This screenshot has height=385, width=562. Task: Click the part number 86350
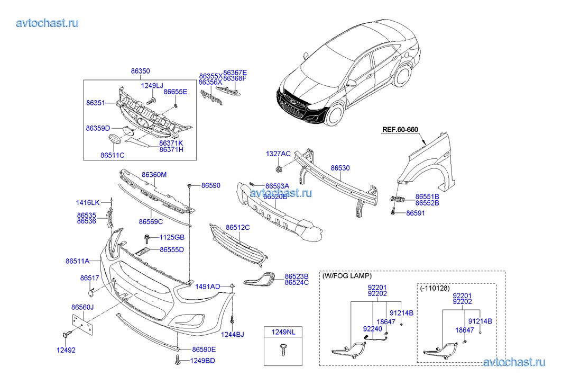[141, 71]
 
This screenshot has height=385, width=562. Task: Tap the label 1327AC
[278, 154]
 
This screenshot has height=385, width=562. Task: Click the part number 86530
[340, 168]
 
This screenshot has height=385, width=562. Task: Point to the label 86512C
[237, 227]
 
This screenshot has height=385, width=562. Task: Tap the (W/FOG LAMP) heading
[347, 276]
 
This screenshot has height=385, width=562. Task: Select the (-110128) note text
[435, 289]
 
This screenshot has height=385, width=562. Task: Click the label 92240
[372, 329]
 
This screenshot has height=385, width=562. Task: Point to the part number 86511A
[77, 261]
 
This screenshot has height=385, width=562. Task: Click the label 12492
[66, 350]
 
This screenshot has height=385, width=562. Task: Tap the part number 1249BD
[202, 361]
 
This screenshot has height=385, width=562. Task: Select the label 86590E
[204, 350]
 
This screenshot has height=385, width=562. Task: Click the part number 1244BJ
[232, 334]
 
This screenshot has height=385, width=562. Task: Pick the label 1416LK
[88, 202]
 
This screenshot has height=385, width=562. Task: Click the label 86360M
[154, 174]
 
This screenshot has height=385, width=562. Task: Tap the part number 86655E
[175, 92]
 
